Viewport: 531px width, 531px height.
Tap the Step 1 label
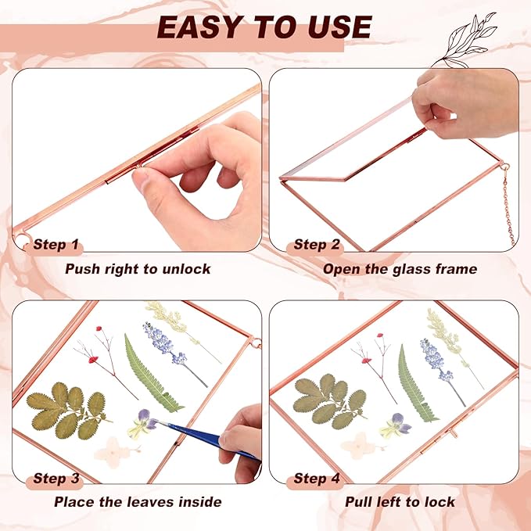click(56, 244)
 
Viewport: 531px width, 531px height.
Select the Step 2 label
click(316, 244)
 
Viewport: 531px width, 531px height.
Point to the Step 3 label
click(56, 479)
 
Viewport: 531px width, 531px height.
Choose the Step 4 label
click(316, 479)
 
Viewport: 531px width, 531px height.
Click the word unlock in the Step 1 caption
click(186, 269)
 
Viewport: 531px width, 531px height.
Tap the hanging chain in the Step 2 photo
click(508, 203)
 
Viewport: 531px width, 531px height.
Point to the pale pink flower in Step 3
click(114, 451)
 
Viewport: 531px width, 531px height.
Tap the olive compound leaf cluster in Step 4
click(330, 401)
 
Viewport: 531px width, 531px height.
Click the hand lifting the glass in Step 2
click(465, 103)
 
